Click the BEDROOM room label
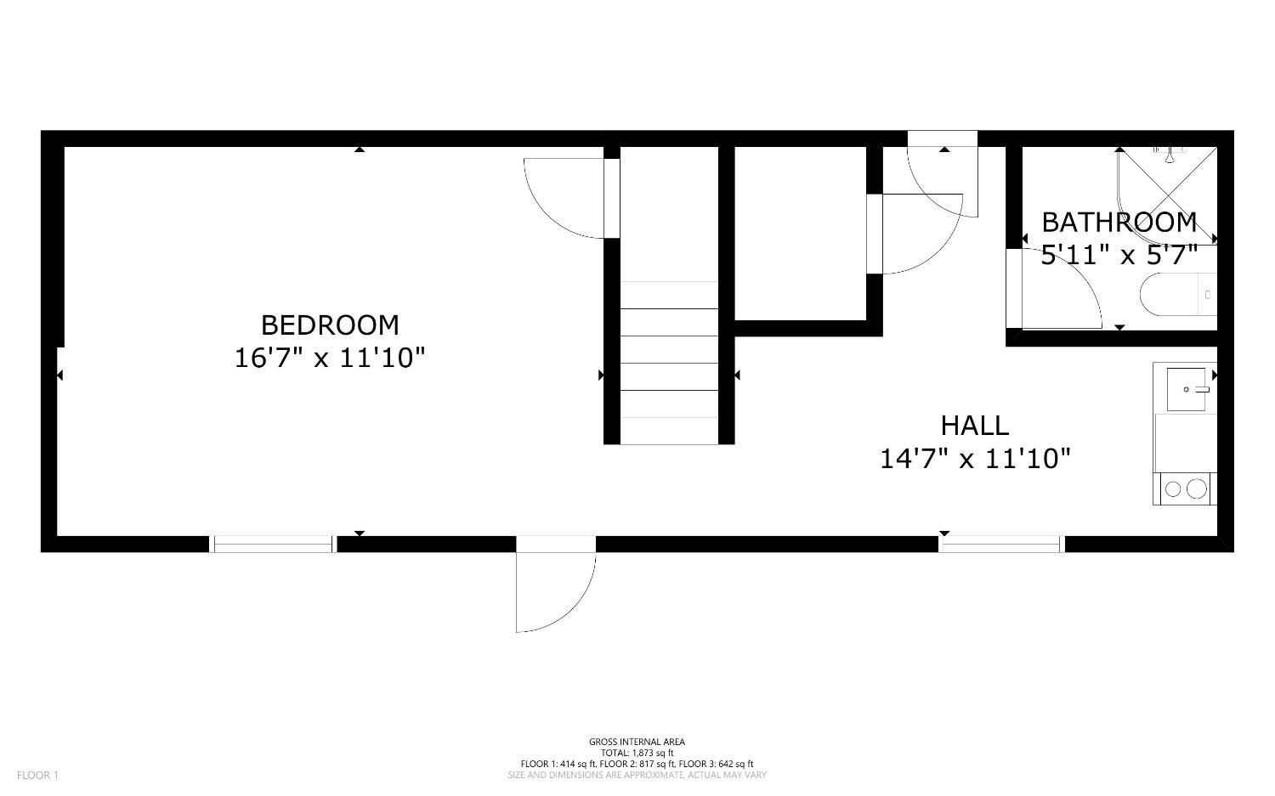[x=330, y=325]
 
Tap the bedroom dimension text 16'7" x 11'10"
[x=330, y=358]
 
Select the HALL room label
[x=975, y=426]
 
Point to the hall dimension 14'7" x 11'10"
[x=975, y=459]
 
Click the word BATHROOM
[x=1119, y=223]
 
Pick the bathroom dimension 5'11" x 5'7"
[x=1119, y=255]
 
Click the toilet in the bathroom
[x=1178, y=295]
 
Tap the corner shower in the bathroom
[x=1167, y=195]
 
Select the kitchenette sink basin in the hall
[x=1187, y=389]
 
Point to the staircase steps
[x=669, y=363]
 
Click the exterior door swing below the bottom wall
[x=556, y=592]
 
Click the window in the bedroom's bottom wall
[x=273, y=544]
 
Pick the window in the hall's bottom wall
[x=1002, y=544]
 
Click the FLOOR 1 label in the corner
[x=37, y=776]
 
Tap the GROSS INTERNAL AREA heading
[x=637, y=742]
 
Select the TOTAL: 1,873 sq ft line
[x=637, y=753]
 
